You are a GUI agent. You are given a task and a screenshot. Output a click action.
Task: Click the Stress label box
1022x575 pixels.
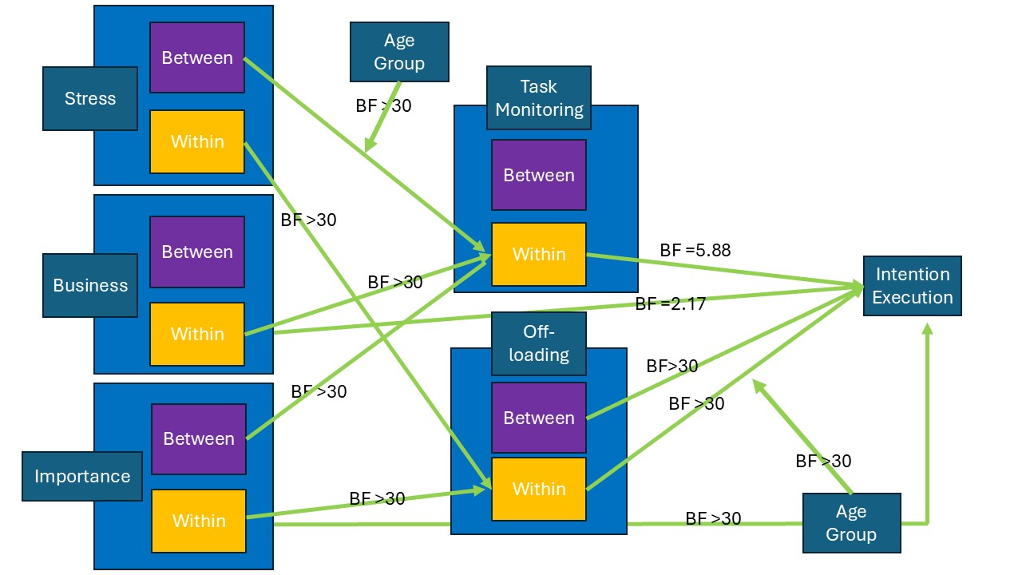[90, 98]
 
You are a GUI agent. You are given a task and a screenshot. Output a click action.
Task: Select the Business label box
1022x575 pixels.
[90, 285]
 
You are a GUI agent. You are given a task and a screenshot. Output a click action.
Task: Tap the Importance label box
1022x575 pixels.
[82, 476]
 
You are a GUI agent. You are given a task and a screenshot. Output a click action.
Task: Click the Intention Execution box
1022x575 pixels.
[912, 286]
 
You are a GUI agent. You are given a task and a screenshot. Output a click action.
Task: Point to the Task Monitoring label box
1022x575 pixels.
[539, 97]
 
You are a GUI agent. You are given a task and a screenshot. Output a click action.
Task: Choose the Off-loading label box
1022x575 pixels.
[539, 343]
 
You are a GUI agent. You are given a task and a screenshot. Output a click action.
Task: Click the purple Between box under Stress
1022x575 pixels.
[197, 57]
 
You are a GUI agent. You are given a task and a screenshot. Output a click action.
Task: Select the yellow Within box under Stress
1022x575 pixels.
[197, 141]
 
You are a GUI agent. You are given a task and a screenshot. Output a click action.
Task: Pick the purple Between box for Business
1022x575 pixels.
[197, 252]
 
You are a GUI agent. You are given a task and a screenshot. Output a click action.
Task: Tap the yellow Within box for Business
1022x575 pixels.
[197, 334]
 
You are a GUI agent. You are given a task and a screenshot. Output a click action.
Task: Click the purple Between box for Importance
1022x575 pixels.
[199, 438]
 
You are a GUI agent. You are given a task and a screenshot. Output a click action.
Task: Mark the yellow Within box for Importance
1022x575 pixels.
[199, 521]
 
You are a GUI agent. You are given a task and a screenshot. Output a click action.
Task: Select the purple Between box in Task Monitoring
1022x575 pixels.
[539, 175]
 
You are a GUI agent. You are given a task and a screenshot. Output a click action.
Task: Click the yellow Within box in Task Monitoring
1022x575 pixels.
[539, 254]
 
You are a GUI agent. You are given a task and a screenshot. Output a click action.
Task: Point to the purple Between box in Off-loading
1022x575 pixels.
[539, 418]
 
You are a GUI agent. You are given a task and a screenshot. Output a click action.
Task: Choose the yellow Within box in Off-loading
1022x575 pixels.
[539, 489]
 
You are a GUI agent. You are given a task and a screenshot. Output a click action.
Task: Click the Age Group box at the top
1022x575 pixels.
[399, 52]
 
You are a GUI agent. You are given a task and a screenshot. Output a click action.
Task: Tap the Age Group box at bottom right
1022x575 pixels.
[851, 523]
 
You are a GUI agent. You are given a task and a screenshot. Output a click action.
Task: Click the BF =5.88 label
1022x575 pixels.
[695, 250]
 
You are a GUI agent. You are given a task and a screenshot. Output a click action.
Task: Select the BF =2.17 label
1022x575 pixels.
[670, 303]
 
